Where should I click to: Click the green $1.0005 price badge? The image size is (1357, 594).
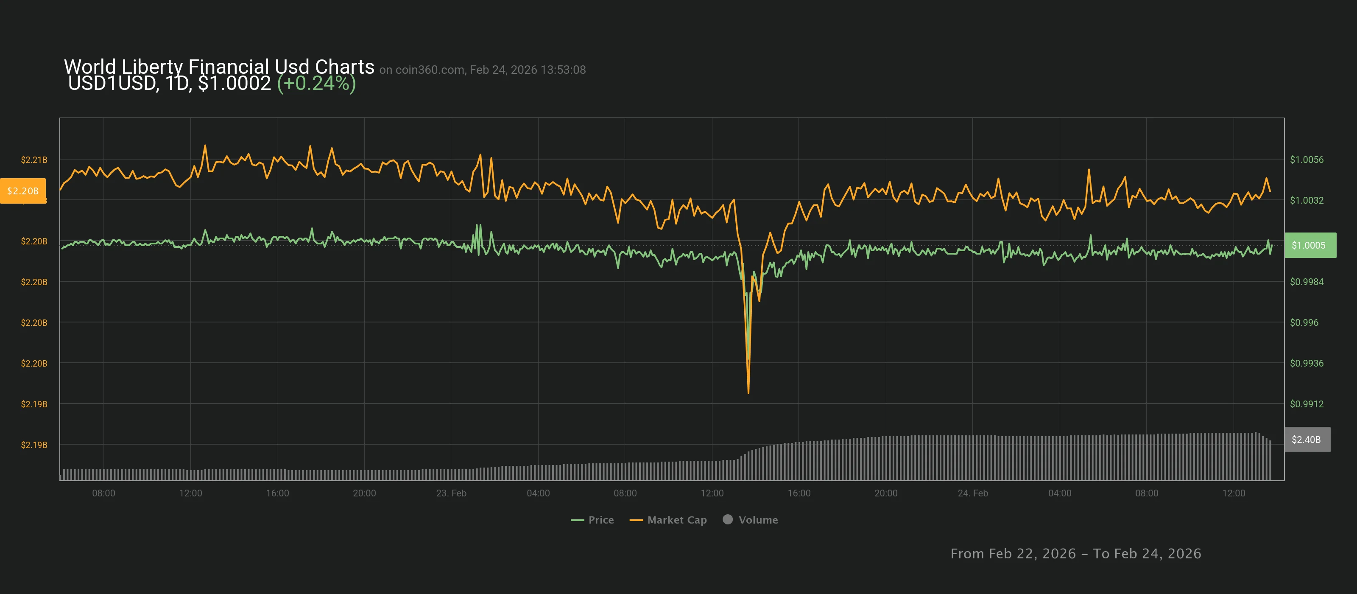coord(1310,245)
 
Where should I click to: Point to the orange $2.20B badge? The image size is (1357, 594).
coord(22,191)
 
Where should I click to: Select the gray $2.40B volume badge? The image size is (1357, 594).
coord(1307,440)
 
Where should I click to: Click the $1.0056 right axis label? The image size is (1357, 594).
coord(1306,160)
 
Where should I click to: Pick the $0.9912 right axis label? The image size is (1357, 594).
coord(1306,404)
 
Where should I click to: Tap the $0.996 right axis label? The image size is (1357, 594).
coord(1304,322)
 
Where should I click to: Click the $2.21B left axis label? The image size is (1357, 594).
coord(34,160)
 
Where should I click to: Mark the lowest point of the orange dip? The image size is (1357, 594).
coord(748,392)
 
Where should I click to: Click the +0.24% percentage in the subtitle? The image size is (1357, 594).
coord(316,83)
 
